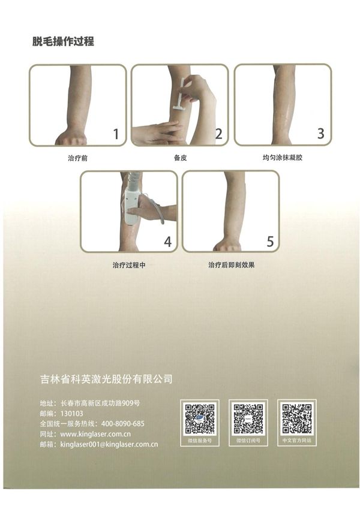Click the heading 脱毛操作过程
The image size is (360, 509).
point(63,41)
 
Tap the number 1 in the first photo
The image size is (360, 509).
point(116,134)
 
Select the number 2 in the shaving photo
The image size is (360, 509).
point(218,134)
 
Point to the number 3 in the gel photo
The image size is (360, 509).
point(320,134)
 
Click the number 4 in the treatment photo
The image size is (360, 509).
point(167,242)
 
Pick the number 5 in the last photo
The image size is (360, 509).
point(271,242)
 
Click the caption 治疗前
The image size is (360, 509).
point(77,158)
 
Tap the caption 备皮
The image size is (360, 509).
point(181,158)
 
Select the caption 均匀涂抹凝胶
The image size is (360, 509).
point(283,158)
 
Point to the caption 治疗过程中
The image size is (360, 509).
point(129,265)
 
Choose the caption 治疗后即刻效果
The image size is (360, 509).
point(232,265)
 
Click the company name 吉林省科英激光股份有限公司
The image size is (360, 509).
point(106,379)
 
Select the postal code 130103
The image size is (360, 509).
point(72,414)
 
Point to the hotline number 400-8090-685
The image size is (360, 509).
point(123,424)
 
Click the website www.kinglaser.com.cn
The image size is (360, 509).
point(95,434)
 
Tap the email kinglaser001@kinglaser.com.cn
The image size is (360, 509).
point(109,444)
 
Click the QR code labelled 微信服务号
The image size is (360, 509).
point(200,418)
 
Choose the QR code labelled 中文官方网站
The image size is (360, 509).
point(296,418)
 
